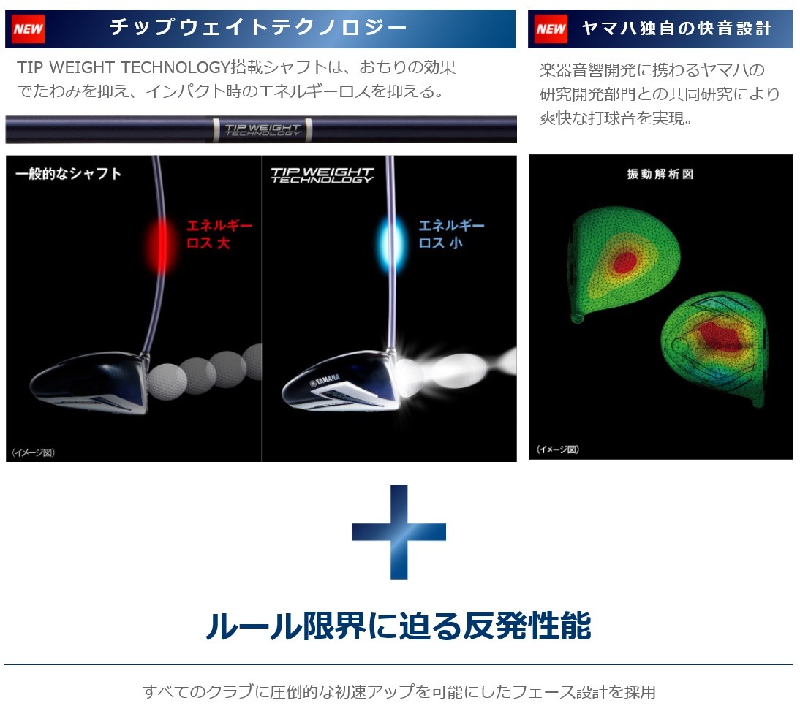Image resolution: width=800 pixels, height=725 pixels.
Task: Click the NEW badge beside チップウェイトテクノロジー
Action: [x=28, y=29]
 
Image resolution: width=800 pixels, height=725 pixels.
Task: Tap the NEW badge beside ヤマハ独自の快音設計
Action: [x=551, y=29]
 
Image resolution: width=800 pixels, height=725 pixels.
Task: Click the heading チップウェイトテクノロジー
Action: [x=258, y=27]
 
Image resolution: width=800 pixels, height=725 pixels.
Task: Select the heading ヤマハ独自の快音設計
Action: [x=676, y=28]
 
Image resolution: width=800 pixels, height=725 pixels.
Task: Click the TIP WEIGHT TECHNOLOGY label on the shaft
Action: [x=263, y=130]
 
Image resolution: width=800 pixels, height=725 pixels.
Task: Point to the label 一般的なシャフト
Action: [x=68, y=174]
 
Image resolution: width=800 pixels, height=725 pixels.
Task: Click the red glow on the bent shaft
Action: [x=161, y=246]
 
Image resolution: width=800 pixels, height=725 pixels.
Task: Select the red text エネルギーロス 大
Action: [x=219, y=234]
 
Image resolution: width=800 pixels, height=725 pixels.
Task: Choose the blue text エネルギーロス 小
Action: [x=451, y=234]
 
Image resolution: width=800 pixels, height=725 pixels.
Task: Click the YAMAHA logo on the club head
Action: [x=325, y=380]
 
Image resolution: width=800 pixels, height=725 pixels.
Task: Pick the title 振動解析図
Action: [x=660, y=175]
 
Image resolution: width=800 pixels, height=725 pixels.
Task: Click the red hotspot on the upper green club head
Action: [x=625, y=262]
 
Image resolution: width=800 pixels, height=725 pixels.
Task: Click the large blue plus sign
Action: [x=399, y=532]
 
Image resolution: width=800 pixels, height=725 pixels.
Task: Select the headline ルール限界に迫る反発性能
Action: [x=399, y=626]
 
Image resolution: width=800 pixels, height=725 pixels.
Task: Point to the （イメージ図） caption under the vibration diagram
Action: [x=558, y=449]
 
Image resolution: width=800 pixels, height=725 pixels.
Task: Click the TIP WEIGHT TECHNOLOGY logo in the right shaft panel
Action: [x=322, y=175]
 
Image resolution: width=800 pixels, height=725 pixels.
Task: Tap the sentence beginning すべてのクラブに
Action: [x=399, y=692]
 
